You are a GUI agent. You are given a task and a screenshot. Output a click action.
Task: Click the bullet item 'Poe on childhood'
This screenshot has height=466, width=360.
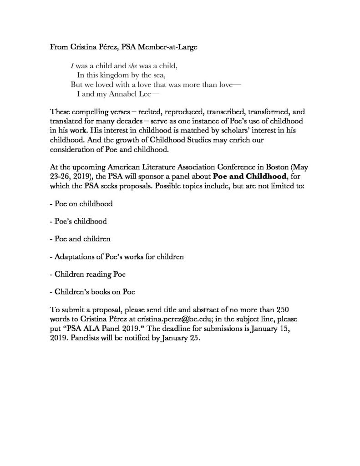pos(81,204)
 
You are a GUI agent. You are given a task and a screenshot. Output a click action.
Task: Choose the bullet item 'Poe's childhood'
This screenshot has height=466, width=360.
pos(78,222)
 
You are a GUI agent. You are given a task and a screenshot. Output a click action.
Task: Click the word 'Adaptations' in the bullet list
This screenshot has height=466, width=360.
pos(74,257)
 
